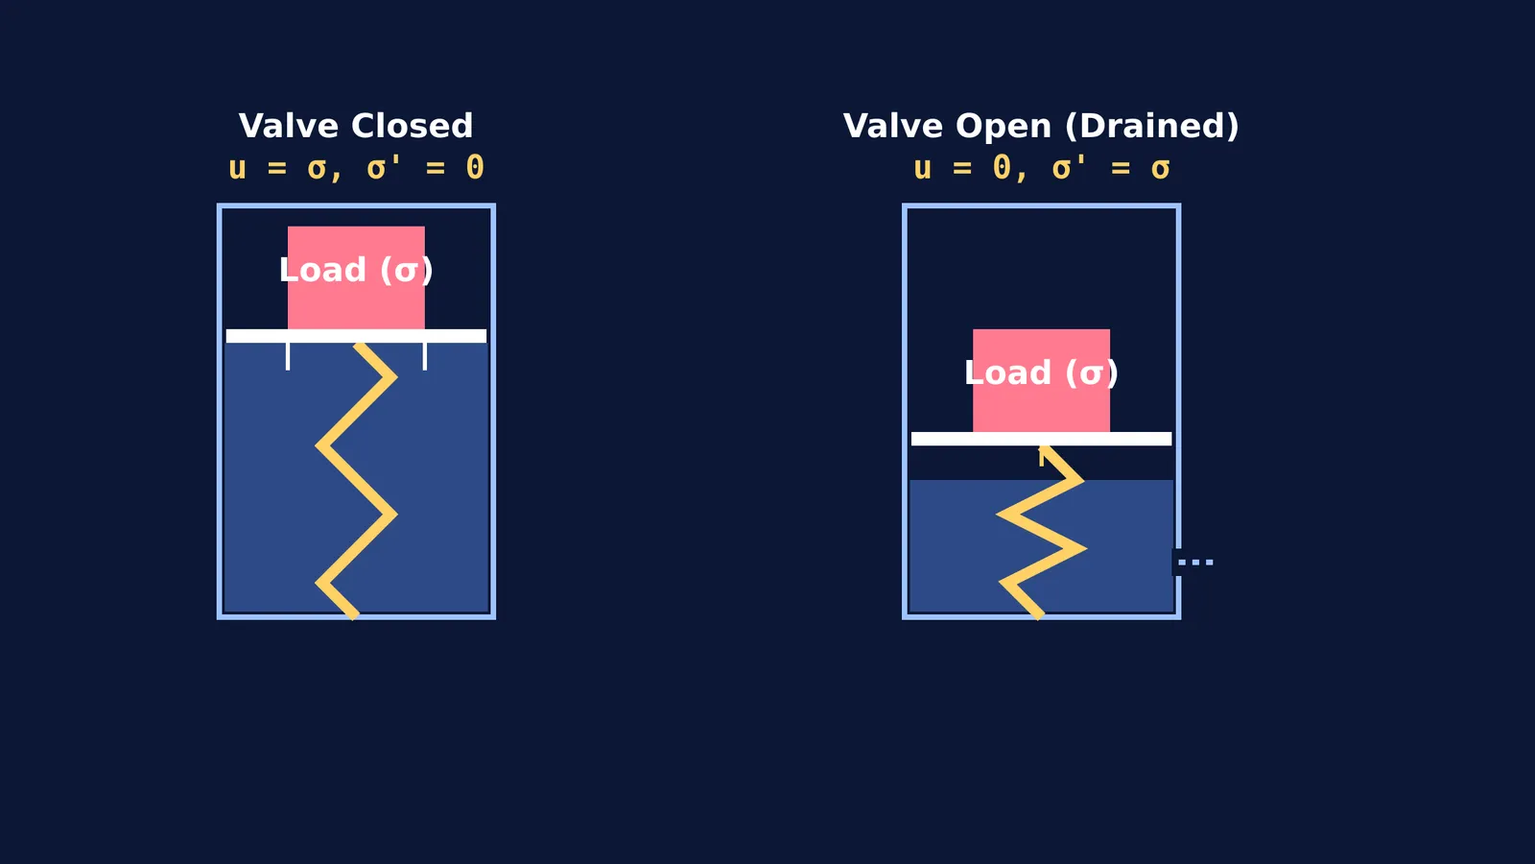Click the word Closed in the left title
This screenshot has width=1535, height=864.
[x=412, y=126]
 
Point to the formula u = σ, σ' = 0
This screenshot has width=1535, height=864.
[x=356, y=168]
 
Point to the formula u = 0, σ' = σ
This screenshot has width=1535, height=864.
[x=1042, y=168]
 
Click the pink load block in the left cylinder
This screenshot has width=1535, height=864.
[x=356, y=277]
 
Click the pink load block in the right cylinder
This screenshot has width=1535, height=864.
[x=1042, y=380]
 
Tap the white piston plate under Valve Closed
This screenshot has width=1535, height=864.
[x=356, y=336]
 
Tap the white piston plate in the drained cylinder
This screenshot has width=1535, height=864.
[x=1042, y=439]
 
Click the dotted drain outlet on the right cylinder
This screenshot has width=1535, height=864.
[x=1195, y=563]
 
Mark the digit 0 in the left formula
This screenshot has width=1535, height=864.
[x=475, y=168]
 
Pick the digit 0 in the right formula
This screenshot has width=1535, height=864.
[x=1002, y=168]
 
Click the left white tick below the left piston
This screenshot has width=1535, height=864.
[x=288, y=356]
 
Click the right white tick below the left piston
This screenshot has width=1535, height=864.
[x=425, y=356]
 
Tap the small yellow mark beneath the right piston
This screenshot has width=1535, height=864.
[x=1042, y=457]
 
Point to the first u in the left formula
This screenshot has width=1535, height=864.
[x=237, y=169]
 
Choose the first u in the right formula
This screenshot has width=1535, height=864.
[x=922, y=169]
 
